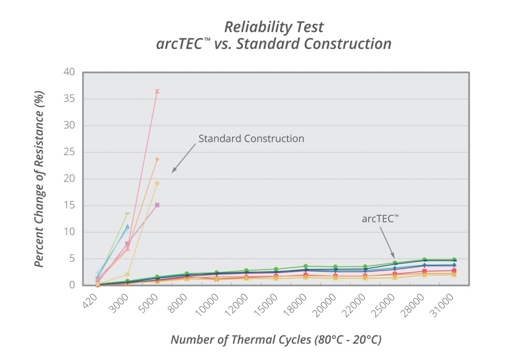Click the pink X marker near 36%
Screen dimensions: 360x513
(x=157, y=91)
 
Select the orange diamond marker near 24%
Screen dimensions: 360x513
(x=157, y=159)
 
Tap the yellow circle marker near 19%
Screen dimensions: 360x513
(x=157, y=184)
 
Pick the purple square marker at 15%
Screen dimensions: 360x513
(x=157, y=205)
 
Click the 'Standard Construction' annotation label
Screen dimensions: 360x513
(x=251, y=138)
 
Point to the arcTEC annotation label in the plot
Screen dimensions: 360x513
(x=380, y=219)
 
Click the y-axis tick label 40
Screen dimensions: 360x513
(x=69, y=72)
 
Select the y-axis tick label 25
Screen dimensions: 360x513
(x=69, y=152)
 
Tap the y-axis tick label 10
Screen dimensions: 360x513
(x=69, y=232)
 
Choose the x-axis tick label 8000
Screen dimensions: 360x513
(x=178, y=303)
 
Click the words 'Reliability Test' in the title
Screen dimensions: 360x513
(x=274, y=27)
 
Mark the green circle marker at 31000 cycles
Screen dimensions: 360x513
(x=454, y=260)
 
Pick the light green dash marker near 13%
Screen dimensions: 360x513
(x=127, y=213)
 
